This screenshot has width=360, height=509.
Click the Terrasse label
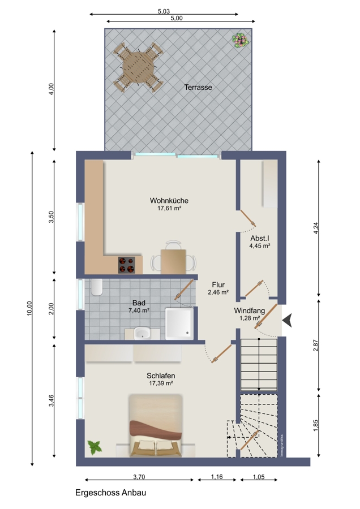coord(198,87)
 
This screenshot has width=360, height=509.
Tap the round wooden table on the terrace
coord(139,67)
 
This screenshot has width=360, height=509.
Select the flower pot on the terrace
coord(240,40)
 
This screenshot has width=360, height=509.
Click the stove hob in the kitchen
coord(127,265)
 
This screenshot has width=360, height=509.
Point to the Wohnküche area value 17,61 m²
coord(169,208)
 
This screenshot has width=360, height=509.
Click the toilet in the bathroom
coord(96,287)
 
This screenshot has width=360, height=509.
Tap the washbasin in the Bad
coord(142,333)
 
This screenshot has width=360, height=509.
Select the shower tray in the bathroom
coord(179,323)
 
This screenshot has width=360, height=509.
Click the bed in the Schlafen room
coord(156,425)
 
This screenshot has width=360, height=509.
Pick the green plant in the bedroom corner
coord(95,448)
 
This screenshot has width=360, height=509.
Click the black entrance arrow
coord(287,321)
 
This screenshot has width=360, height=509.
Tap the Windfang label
coord(250,310)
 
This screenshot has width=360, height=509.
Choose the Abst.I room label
coord(260,239)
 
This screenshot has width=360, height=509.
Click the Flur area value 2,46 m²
coord(218,292)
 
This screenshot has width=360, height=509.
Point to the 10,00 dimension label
coord(29,308)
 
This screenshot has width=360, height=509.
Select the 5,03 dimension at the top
coord(164,11)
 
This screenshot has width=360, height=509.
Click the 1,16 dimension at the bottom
coord(217,477)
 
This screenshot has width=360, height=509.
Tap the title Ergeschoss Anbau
coord(110,493)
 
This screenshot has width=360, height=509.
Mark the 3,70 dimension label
coord(139,477)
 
